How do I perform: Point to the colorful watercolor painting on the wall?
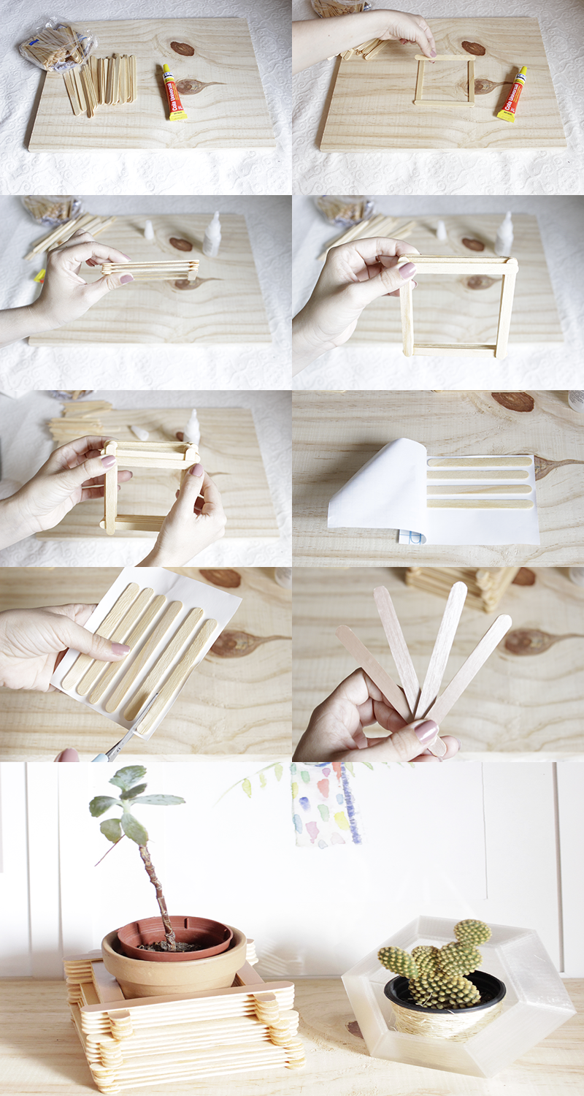pos(325,804)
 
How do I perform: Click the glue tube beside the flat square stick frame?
pos(512,94)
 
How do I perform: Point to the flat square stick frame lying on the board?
pos(445,80)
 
